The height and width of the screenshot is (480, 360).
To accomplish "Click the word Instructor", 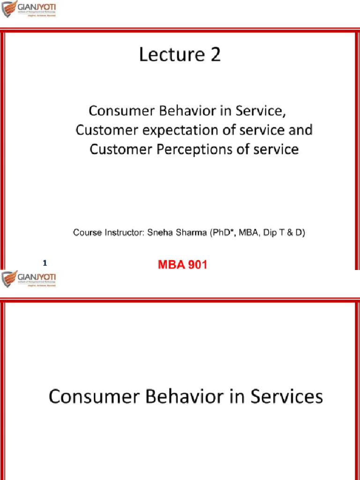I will [121, 232].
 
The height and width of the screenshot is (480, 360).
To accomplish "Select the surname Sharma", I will [188, 232].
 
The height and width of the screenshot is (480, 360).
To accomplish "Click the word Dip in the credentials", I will [270, 232].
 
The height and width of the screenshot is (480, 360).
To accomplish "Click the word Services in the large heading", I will [287, 397].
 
